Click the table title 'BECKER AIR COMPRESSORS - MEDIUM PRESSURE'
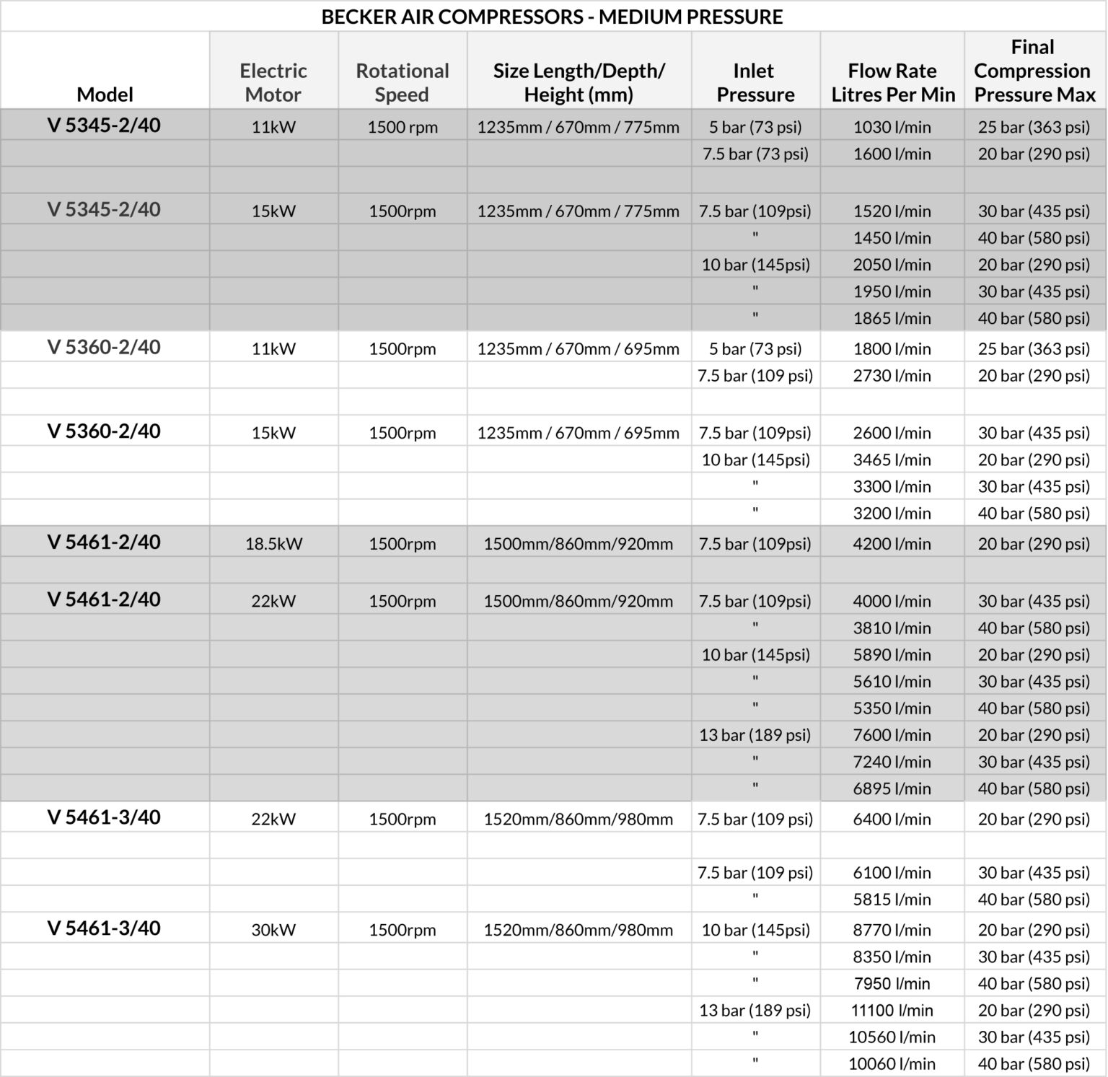coord(552,17)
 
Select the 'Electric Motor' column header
coord(273,82)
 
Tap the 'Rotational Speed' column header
coord(402,82)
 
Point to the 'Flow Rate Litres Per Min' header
coord(892,82)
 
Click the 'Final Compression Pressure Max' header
coord(1034,71)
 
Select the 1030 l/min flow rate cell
coord(892,128)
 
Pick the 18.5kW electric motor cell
coord(273,544)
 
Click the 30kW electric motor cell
coord(273,930)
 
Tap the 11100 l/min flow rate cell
coord(892,1011)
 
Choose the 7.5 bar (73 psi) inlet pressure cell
coord(755,154)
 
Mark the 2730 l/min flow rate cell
coord(892,376)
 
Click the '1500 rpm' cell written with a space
coord(402,128)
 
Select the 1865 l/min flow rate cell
coord(892,318)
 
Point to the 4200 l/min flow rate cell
coord(892,544)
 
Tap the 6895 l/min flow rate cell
coord(892,788)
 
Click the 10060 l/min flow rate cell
coord(892,1064)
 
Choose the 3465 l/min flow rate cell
coord(892,460)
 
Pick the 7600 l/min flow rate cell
coord(892,735)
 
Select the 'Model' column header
coord(105,94)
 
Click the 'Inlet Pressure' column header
coord(755,82)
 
